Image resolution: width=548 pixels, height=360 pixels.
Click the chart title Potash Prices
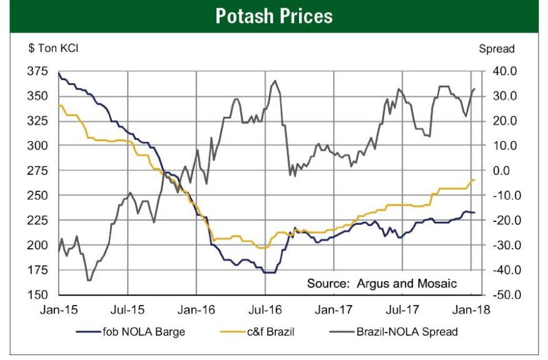coord(274,16)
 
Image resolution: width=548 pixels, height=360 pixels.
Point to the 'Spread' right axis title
coord(496,49)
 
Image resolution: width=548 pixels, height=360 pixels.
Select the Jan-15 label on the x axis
coord(59,309)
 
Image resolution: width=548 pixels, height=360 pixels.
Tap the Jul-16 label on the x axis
coord(265,309)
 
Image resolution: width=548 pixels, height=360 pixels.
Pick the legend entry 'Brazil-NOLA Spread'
coord(407,332)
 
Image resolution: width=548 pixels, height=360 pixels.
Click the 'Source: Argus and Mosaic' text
coord(382,283)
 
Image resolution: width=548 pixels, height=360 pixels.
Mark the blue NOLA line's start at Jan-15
coord(59,73)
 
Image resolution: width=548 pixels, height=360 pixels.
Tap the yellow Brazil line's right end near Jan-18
coord(474,180)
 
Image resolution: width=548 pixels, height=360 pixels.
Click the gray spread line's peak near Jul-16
coord(275,81)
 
